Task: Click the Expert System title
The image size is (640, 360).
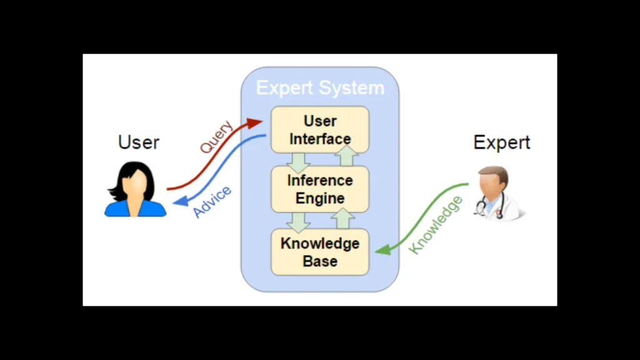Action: pyautogui.click(x=320, y=88)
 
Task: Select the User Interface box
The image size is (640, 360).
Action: pyautogui.click(x=320, y=129)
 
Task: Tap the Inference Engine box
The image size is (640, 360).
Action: pyautogui.click(x=320, y=189)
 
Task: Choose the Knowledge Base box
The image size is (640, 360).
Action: pyautogui.click(x=320, y=252)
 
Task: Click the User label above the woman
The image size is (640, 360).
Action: pyautogui.click(x=139, y=142)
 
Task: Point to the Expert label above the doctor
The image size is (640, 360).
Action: pyautogui.click(x=501, y=142)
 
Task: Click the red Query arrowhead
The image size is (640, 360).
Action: pyautogui.click(x=254, y=123)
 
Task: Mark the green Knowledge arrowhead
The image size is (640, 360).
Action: pyautogui.click(x=382, y=249)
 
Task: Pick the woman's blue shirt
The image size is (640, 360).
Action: pyautogui.click(x=135, y=209)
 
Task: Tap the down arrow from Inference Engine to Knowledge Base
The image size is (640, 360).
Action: pyautogui.click(x=299, y=221)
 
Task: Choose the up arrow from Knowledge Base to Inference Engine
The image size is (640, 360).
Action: pyautogui.click(x=342, y=219)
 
